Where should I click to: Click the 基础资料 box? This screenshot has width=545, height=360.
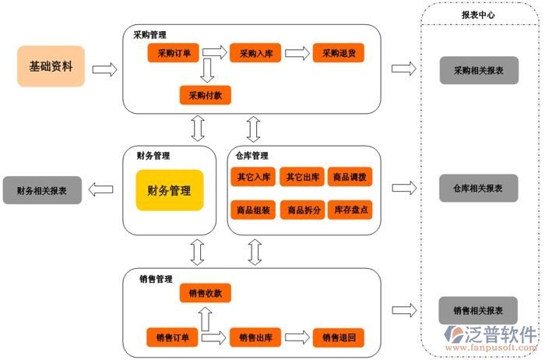(51, 66)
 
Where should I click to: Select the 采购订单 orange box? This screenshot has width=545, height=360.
(174, 54)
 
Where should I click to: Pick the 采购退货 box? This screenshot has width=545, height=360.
(339, 54)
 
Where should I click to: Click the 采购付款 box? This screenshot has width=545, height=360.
(206, 96)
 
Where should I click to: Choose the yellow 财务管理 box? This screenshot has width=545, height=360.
(170, 190)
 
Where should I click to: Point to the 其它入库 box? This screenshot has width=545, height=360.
(254, 177)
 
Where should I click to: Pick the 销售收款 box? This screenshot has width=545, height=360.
(206, 294)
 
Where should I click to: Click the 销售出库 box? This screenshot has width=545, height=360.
(255, 337)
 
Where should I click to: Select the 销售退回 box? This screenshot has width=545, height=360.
(339, 337)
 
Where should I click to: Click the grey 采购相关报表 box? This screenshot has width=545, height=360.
(478, 69)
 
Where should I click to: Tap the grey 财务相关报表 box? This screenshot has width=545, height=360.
(42, 190)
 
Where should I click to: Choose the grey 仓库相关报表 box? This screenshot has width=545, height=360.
(478, 188)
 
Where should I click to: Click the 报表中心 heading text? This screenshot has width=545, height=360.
(478, 14)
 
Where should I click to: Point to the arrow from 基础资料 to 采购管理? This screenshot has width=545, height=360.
(104, 69)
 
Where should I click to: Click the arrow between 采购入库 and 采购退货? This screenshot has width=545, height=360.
(296, 54)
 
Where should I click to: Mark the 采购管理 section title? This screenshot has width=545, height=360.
(149, 34)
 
